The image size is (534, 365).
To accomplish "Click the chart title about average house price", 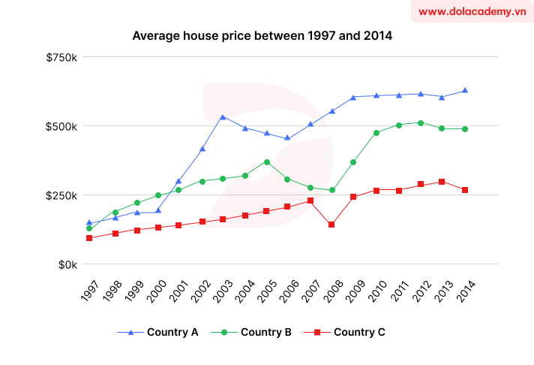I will click(x=262, y=35).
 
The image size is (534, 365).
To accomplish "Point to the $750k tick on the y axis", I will click(x=61, y=57).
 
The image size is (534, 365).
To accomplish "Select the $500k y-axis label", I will click(x=61, y=126).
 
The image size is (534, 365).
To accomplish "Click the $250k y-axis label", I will click(x=61, y=195).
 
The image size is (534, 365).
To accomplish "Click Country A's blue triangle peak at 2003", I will click(x=222, y=117).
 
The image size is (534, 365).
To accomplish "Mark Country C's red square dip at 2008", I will click(x=331, y=225).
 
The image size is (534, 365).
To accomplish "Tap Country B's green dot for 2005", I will click(x=266, y=161).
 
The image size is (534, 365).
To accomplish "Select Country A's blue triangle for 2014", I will click(x=465, y=90).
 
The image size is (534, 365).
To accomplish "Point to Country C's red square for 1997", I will click(x=89, y=238).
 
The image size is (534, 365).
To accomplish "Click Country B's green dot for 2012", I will click(x=421, y=123).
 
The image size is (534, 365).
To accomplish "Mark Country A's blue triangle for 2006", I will click(x=287, y=138).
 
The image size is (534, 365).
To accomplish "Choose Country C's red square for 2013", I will click(x=442, y=182).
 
